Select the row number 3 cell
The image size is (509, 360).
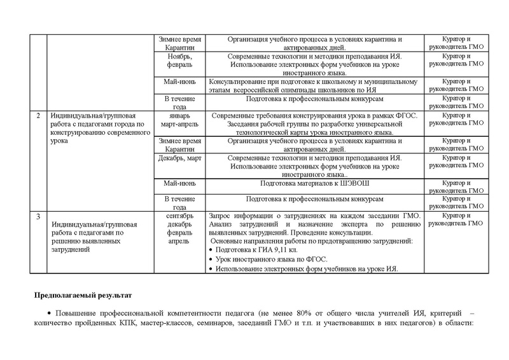click(x=39, y=217)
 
